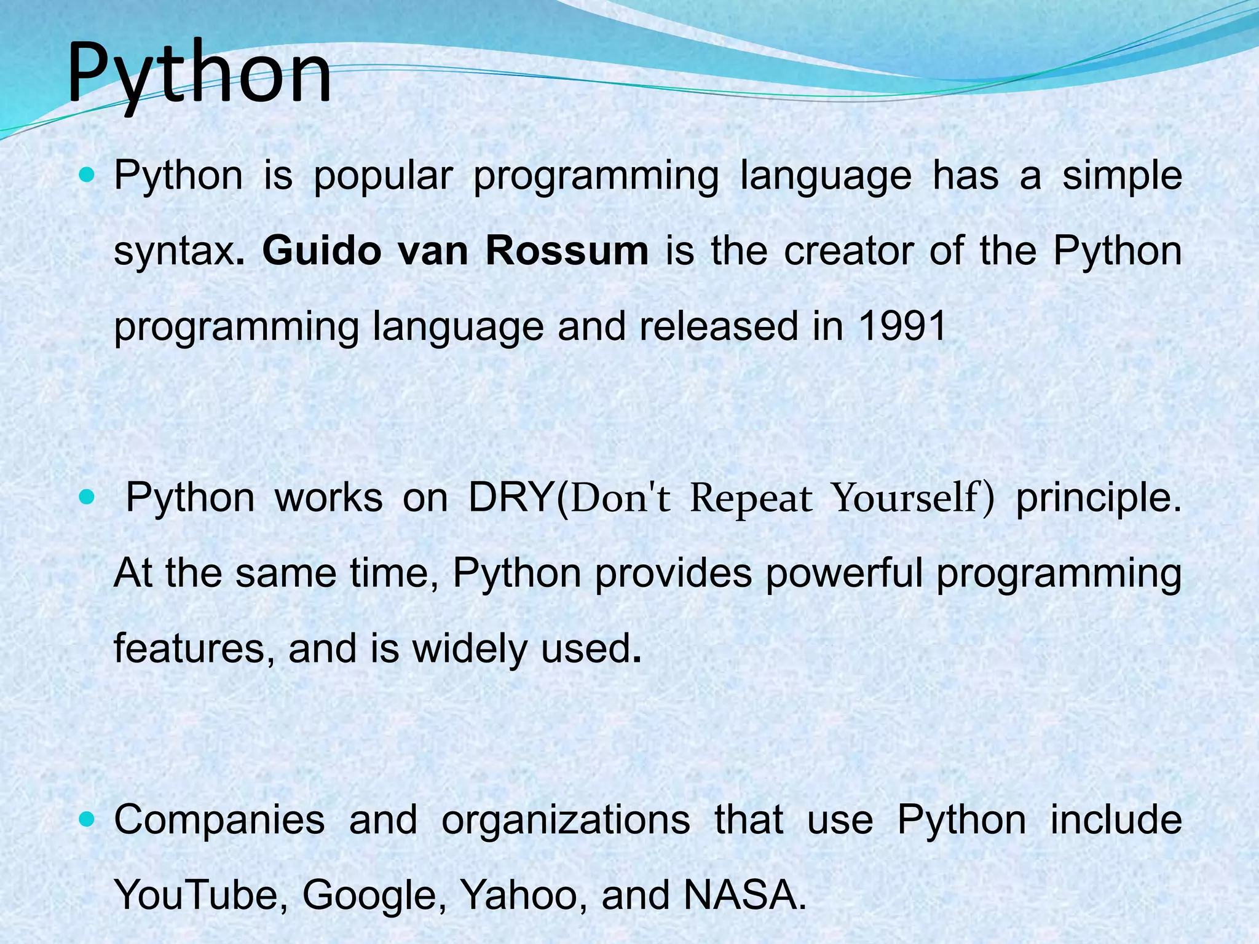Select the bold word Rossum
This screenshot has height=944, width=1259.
coord(566,251)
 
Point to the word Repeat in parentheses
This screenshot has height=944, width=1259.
coord(751,498)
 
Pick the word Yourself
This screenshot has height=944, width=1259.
coord(904,497)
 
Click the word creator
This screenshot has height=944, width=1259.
coord(848,251)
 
